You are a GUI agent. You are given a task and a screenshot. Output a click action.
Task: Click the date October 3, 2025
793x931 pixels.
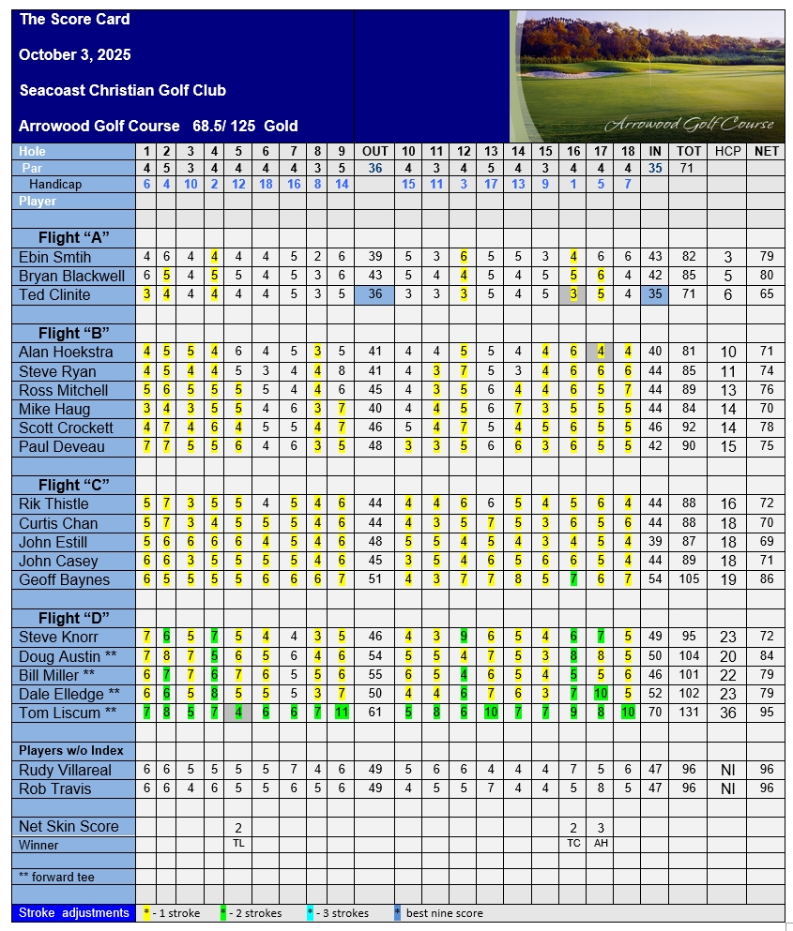coord(74,54)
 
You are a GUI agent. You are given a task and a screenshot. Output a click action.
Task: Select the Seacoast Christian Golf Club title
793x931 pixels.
coord(122,90)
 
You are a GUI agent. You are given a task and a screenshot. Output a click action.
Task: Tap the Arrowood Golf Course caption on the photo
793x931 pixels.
coord(690,124)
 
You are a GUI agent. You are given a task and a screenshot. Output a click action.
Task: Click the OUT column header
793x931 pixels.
coord(375,151)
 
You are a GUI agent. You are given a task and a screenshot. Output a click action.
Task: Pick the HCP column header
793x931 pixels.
coord(727,151)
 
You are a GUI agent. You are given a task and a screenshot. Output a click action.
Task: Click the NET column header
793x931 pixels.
coord(766,151)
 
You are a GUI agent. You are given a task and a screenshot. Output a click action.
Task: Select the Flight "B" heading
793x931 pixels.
coord(74,333)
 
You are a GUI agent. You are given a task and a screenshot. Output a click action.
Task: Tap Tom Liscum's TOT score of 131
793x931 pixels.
coord(689,713)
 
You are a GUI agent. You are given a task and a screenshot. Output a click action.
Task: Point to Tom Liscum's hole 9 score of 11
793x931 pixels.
coord(341,713)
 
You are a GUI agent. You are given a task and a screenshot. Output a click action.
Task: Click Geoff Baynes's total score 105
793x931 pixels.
coord(689,579)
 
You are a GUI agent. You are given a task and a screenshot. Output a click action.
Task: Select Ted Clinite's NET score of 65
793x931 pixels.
coord(766,294)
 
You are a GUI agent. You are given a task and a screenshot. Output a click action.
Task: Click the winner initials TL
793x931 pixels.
coord(238,844)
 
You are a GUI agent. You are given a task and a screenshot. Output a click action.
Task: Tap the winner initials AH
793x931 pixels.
coord(601,844)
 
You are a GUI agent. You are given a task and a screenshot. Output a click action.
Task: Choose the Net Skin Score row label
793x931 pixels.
coord(69,826)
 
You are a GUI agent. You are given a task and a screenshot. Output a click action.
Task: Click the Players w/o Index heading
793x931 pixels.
coord(71,750)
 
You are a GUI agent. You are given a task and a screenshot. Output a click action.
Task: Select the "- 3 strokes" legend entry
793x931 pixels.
coord(342,912)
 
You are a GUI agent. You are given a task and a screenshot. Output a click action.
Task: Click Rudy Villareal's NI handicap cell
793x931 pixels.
coord(727,770)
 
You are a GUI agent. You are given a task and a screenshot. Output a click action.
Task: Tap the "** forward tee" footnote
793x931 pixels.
coord(58,877)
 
